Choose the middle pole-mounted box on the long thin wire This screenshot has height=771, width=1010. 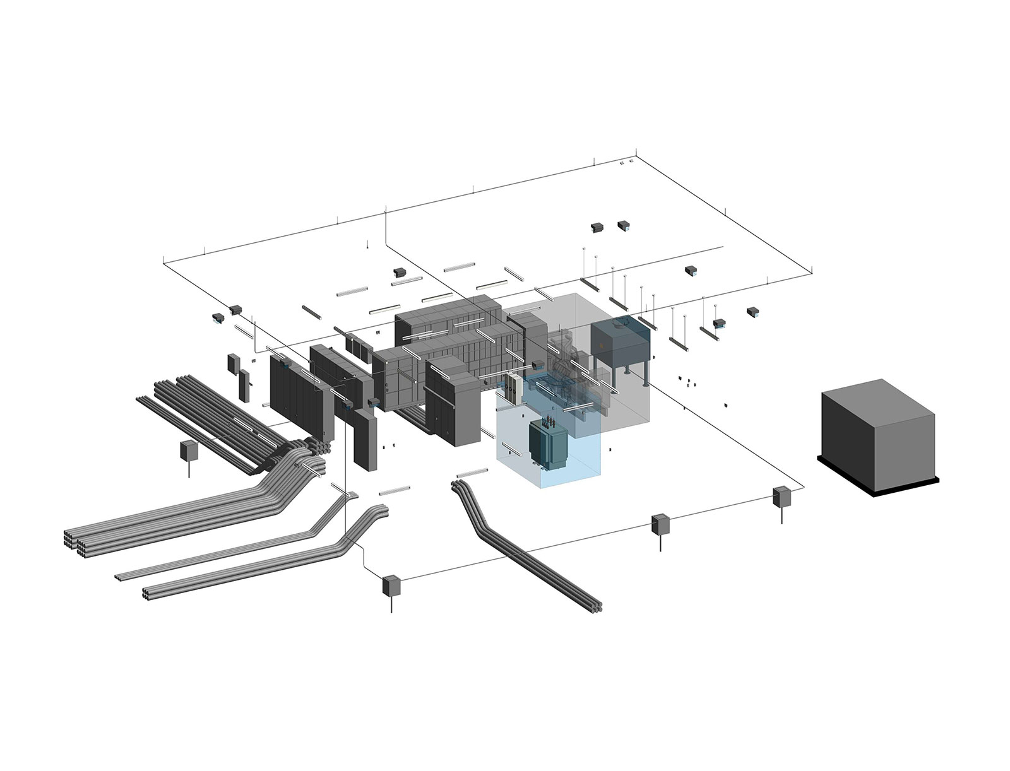661,524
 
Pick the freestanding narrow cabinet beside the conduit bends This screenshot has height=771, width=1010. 364,438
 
